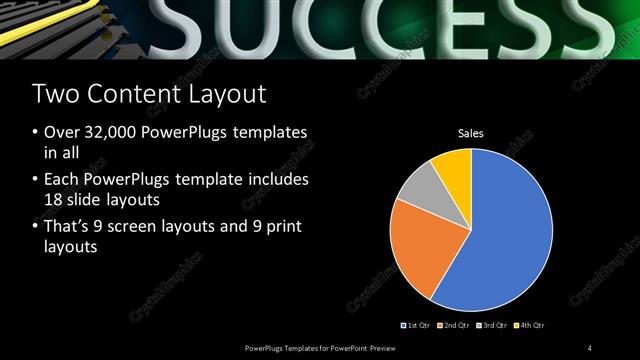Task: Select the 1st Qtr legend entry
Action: (x=417, y=325)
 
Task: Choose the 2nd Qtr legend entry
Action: (x=455, y=325)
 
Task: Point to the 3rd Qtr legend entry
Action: (x=493, y=325)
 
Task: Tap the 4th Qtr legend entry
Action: (x=531, y=325)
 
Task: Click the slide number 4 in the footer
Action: (x=589, y=347)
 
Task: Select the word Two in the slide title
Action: (x=55, y=95)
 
